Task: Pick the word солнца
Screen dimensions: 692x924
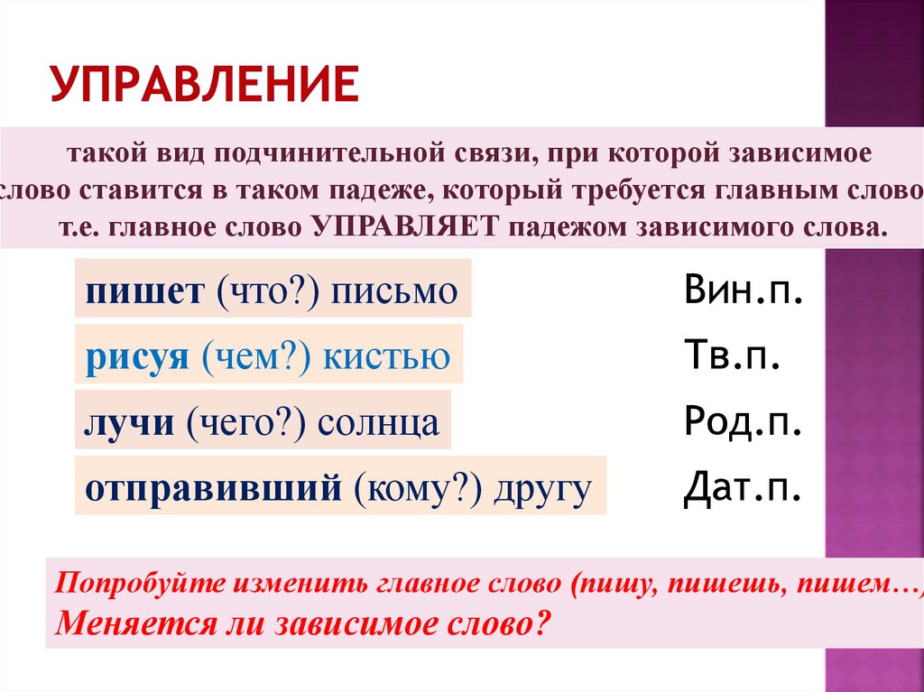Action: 379,423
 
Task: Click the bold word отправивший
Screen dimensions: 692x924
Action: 213,488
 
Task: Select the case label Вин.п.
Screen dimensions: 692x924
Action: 743,291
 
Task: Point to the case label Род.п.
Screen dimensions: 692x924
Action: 743,422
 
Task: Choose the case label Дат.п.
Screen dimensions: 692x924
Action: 743,488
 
